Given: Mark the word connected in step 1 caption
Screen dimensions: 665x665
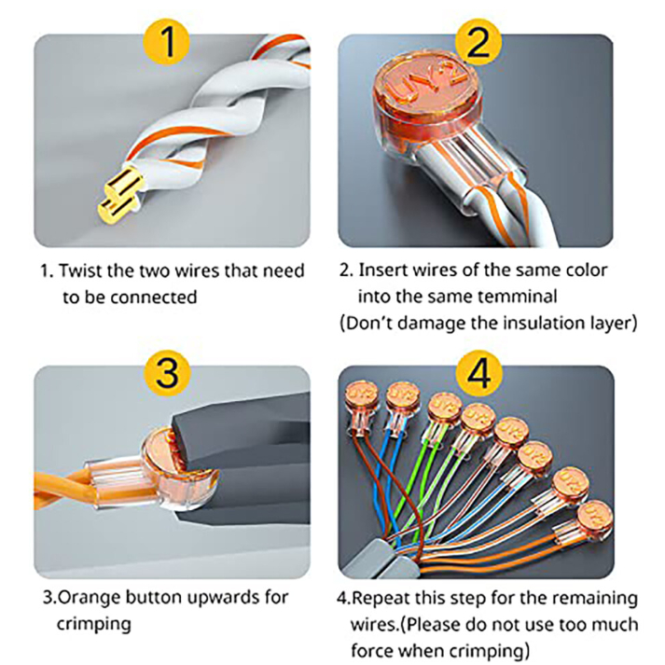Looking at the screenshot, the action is (x=152, y=298).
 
